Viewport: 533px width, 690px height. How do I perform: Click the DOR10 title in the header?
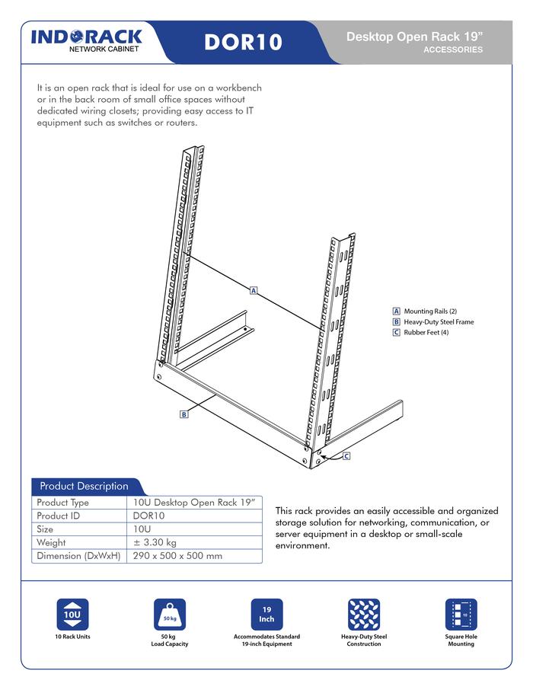(x=243, y=42)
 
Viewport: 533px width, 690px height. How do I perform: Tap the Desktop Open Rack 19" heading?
(x=413, y=37)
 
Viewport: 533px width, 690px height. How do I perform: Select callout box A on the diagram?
(x=254, y=290)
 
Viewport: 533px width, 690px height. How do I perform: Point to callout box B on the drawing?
(x=184, y=414)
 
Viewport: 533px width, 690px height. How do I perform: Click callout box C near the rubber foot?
(x=346, y=456)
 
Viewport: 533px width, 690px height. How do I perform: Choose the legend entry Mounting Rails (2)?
(x=430, y=311)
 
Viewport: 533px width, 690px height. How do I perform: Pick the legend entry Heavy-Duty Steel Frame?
(x=439, y=322)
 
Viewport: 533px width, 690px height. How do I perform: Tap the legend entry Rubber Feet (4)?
(x=426, y=333)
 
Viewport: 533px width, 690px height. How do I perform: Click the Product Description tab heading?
(x=84, y=486)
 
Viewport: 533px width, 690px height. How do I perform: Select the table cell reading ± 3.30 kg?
(x=155, y=542)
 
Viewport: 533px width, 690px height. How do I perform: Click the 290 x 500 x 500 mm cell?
(x=177, y=556)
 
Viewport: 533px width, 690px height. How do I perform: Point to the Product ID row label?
(x=62, y=516)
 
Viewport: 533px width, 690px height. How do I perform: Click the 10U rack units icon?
(x=72, y=615)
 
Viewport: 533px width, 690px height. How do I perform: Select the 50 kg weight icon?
(x=169, y=615)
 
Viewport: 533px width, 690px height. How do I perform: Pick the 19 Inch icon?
(x=266, y=615)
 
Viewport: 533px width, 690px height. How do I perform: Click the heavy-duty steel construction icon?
(x=364, y=615)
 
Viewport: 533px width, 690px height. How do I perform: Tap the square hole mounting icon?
(x=461, y=615)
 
